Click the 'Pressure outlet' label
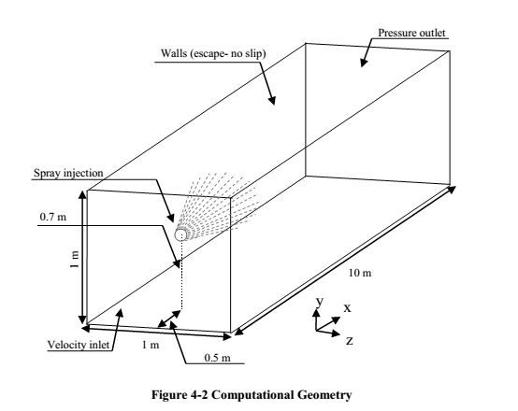coord(411,33)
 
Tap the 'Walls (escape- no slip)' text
coord(213,53)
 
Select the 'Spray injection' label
coord(68,173)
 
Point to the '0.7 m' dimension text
coord(53,217)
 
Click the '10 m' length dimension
coord(360,273)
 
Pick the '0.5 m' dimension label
coord(217,358)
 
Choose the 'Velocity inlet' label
coord(79,345)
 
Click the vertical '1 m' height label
coord(76,260)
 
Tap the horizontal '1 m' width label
coord(151,345)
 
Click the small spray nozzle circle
coord(180,234)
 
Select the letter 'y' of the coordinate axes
coord(320,301)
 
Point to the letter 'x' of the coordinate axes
coord(347,308)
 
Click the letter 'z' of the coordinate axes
coord(350,340)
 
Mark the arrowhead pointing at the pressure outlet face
coord(364,63)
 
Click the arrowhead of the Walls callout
coord(272,100)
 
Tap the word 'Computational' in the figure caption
coord(252,395)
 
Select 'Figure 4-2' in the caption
coord(180,395)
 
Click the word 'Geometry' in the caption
coord(324,395)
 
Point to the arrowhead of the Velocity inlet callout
coord(121,312)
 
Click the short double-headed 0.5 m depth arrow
coord(169,319)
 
